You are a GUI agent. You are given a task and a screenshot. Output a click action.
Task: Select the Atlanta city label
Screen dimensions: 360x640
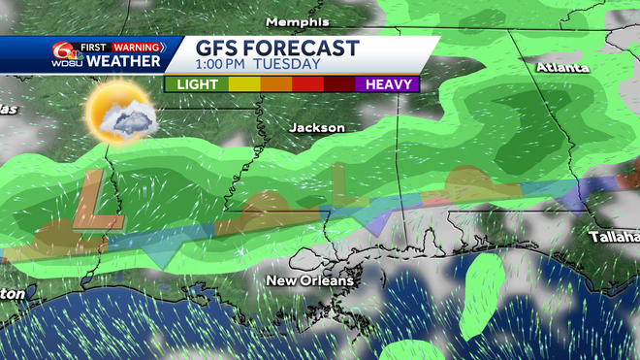tap(562, 69)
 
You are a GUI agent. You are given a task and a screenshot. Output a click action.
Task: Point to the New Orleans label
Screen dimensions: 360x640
tap(310, 280)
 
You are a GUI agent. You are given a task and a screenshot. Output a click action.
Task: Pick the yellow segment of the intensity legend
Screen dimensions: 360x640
tap(243, 84)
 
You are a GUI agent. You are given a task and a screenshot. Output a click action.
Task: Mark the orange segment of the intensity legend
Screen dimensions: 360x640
tap(275, 84)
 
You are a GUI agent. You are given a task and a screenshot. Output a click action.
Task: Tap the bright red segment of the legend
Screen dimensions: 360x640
tap(308, 84)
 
